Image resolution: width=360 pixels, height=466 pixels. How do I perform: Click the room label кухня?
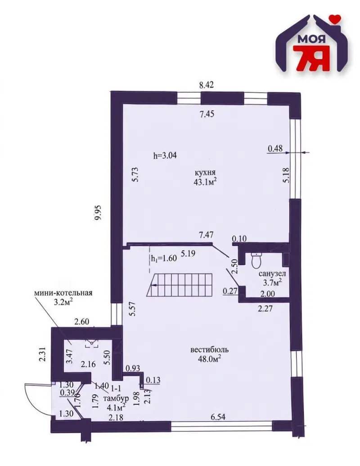pyautogui.click(x=205, y=172)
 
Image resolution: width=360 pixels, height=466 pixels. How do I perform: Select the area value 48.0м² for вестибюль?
pyautogui.click(x=209, y=358)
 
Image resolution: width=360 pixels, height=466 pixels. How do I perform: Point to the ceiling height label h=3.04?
pyautogui.click(x=165, y=155)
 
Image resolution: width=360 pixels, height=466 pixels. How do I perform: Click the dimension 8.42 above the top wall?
pyautogui.click(x=206, y=85)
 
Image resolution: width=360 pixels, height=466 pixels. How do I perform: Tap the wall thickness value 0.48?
pyautogui.click(x=275, y=148)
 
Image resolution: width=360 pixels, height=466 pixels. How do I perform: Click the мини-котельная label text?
pyautogui.click(x=63, y=293)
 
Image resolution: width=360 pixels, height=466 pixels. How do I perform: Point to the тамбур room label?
pyautogui.click(x=116, y=398)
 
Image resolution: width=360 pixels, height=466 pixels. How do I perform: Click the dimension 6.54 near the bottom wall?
pyautogui.click(x=218, y=417)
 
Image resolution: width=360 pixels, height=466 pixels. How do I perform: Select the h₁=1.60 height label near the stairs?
pyautogui.click(x=164, y=258)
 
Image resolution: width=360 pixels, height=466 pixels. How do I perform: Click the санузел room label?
pyautogui.click(x=272, y=274)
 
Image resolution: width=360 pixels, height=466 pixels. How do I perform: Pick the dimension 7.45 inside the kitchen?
pyautogui.click(x=207, y=114)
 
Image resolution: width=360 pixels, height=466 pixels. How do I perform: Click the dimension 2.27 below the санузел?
pyautogui.click(x=265, y=309)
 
